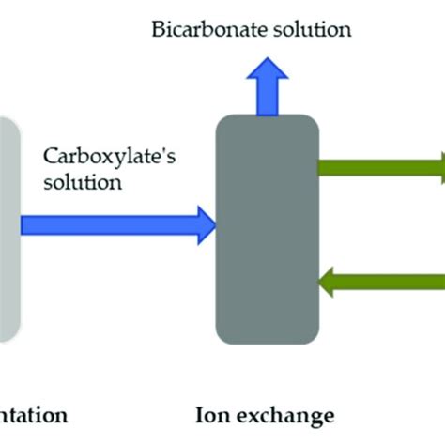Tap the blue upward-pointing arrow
point(269,88)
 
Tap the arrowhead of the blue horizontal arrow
point(206,224)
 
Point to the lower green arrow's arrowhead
point(330,279)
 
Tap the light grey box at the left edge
point(8,230)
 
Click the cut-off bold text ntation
point(34,414)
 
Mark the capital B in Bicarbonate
point(158,29)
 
